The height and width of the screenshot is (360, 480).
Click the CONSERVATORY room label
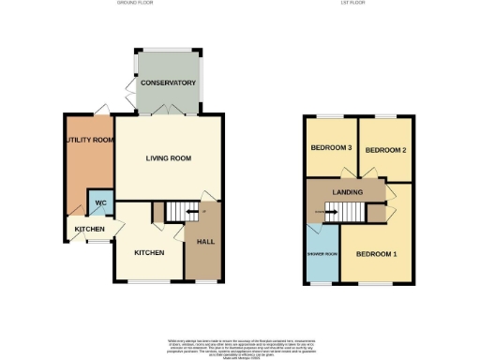168,83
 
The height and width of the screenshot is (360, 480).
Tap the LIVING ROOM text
169,158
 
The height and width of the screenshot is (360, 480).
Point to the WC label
98,202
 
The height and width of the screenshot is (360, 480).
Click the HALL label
204,241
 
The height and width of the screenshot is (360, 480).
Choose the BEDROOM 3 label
330,149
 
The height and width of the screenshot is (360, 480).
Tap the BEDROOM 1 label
375,253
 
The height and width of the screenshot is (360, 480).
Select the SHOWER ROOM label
322,252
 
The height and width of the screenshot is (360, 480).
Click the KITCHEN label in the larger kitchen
149,253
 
